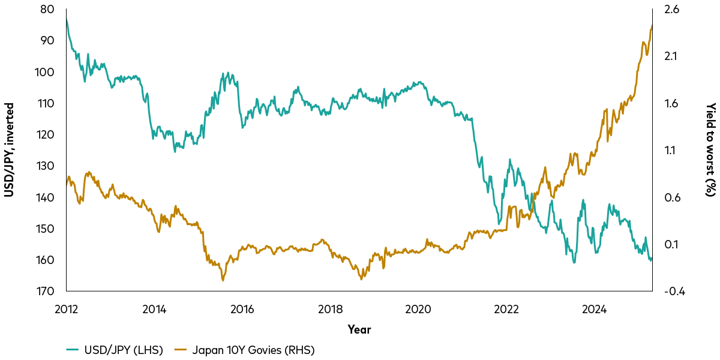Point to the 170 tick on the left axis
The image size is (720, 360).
point(49,292)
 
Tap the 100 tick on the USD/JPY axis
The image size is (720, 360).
point(49,72)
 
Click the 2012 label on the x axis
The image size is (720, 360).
point(66,309)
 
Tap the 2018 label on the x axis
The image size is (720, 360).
point(331,309)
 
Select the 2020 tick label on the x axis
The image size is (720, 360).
point(418,309)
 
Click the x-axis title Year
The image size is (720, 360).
point(359,329)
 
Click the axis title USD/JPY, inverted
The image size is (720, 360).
point(10,150)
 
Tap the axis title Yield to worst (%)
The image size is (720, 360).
point(710,150)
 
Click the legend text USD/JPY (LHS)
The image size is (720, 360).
point(124,350)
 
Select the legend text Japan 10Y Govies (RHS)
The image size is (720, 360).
point(253,350)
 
